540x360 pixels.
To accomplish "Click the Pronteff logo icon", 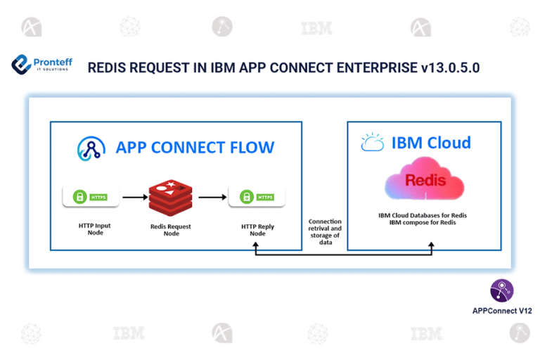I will click(x=21, y=65).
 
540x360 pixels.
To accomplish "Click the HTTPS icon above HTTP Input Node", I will click(x=89, y=197).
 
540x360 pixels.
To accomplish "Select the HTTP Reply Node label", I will click(x=257, y=230).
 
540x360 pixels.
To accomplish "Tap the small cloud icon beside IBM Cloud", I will click(x=371, y=143).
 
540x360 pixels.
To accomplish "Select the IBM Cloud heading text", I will click(x=431, y=143).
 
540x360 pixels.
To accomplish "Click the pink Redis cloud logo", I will click(x=425, y=181).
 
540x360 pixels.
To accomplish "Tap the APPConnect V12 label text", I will click(x=501, y=309).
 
